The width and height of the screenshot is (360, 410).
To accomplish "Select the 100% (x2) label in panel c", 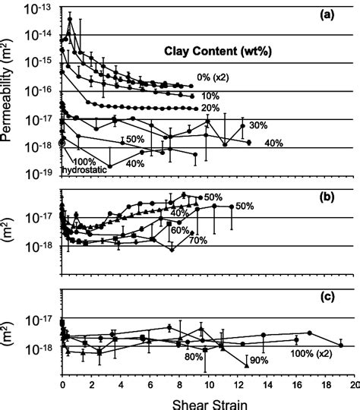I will coord(313,353).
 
